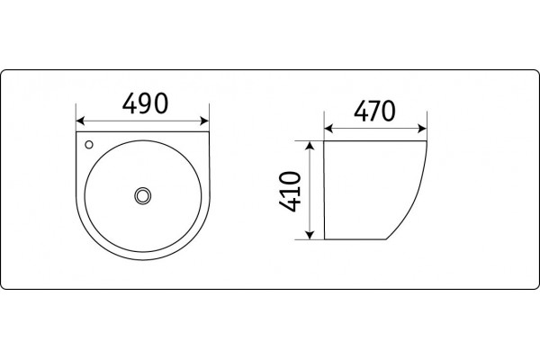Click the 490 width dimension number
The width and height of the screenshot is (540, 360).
[145, 103]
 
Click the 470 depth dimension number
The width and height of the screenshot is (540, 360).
[374, 111]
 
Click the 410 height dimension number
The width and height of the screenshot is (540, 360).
[290, 191]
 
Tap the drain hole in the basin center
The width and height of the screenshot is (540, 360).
[142, 195]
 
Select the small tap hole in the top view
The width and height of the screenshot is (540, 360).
[89, 145]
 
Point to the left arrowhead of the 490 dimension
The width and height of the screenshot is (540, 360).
[80, 121]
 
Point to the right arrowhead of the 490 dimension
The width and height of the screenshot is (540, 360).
[204, 121]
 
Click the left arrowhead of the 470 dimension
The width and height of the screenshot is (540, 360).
[328, 129]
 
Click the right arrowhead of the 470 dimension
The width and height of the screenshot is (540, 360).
[422, 129]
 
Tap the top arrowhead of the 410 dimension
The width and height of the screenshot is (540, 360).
[310, 146]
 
